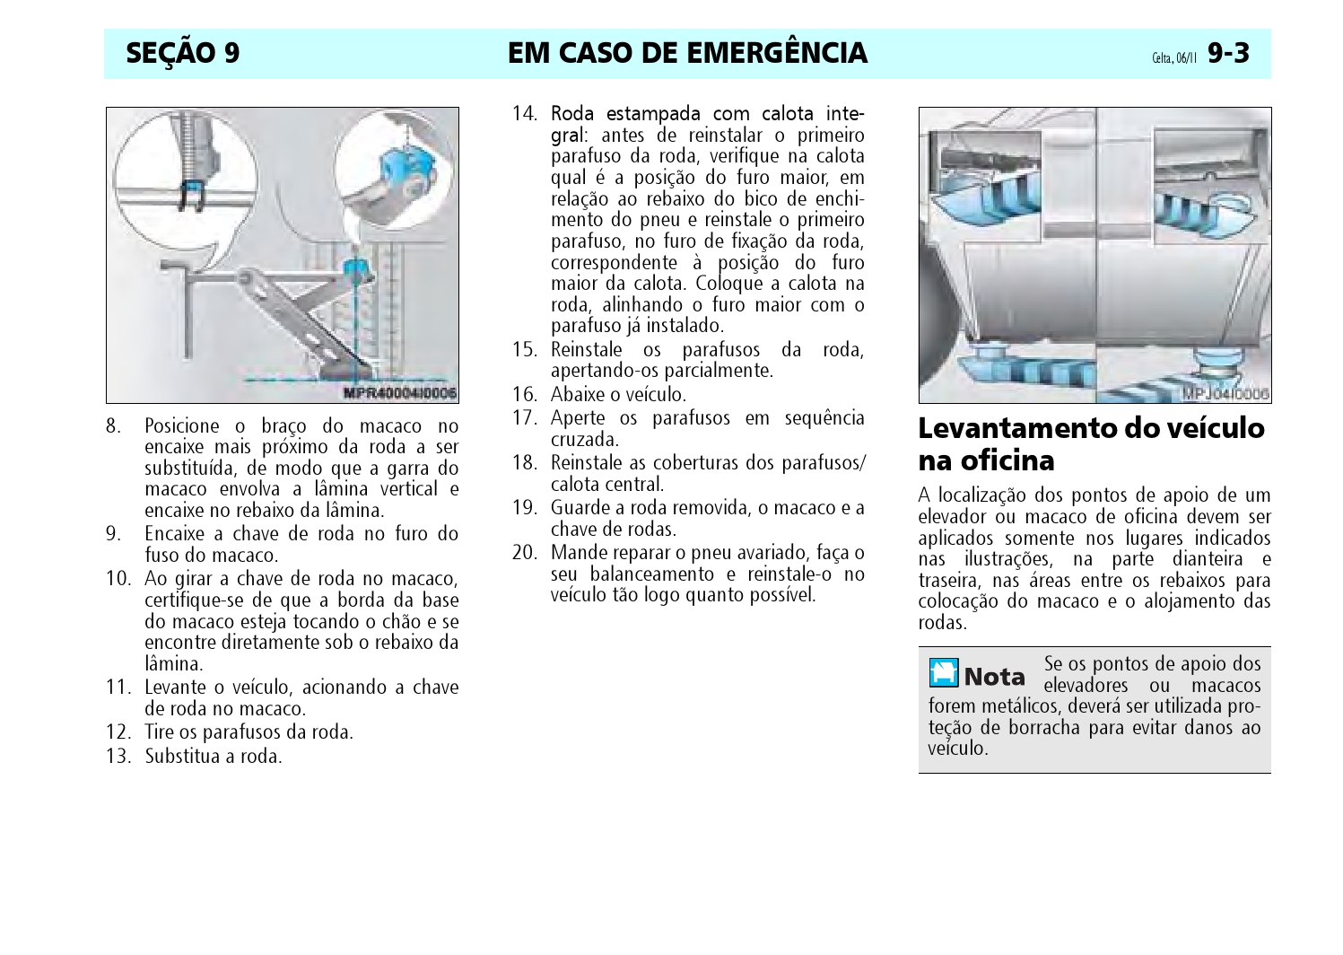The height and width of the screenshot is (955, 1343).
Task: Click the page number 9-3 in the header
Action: click(1228, 53)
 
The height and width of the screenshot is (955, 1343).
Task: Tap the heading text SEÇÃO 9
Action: click(183, 53)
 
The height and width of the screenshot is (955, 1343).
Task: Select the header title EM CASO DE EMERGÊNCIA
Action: click(688, 53)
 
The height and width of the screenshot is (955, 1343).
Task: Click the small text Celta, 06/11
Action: click(1174, 58)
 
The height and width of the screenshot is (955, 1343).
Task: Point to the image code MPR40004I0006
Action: click(400, 393)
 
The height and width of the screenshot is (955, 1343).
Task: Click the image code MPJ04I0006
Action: click(1225, 393)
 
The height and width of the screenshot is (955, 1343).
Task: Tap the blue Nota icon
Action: click(944, 672)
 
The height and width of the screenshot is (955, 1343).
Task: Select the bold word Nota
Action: click(995, 677)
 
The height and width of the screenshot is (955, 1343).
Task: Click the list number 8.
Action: click(114, 426)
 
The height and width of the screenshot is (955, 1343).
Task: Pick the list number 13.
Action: click(118, 756)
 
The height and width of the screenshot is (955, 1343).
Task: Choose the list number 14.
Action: click(525, 113)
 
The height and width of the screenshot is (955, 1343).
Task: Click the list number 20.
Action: click(525, 553)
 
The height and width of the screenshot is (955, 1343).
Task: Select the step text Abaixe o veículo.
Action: click(618, 395)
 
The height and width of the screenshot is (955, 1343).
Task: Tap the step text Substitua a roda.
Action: click(213, 756)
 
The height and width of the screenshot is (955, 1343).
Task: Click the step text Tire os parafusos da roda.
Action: click(249, 732)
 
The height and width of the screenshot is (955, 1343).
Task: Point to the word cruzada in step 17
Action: click(585, 440)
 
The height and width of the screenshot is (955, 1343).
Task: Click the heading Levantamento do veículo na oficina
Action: click(1091, 444)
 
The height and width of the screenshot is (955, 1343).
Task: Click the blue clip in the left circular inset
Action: click(192, 195)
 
